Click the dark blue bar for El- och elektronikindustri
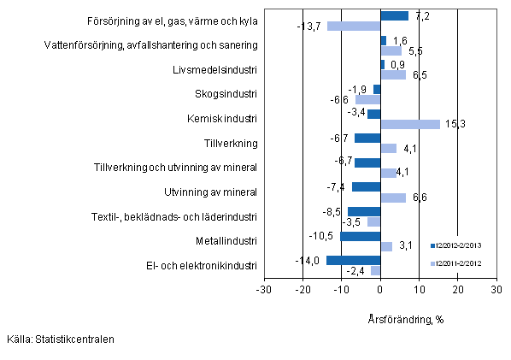(353, 260)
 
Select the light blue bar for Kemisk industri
(410, 124)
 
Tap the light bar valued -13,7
(354, 26)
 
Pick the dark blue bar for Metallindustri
(360, 236)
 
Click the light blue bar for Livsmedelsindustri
(393, 75)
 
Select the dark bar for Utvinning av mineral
(366, 186)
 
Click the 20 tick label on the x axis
(457, 290)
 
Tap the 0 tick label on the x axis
(380, 290)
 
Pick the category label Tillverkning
(231, 143)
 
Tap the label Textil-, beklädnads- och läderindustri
(175, 216)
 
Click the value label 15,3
(455, 125)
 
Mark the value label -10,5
(325, 236)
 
